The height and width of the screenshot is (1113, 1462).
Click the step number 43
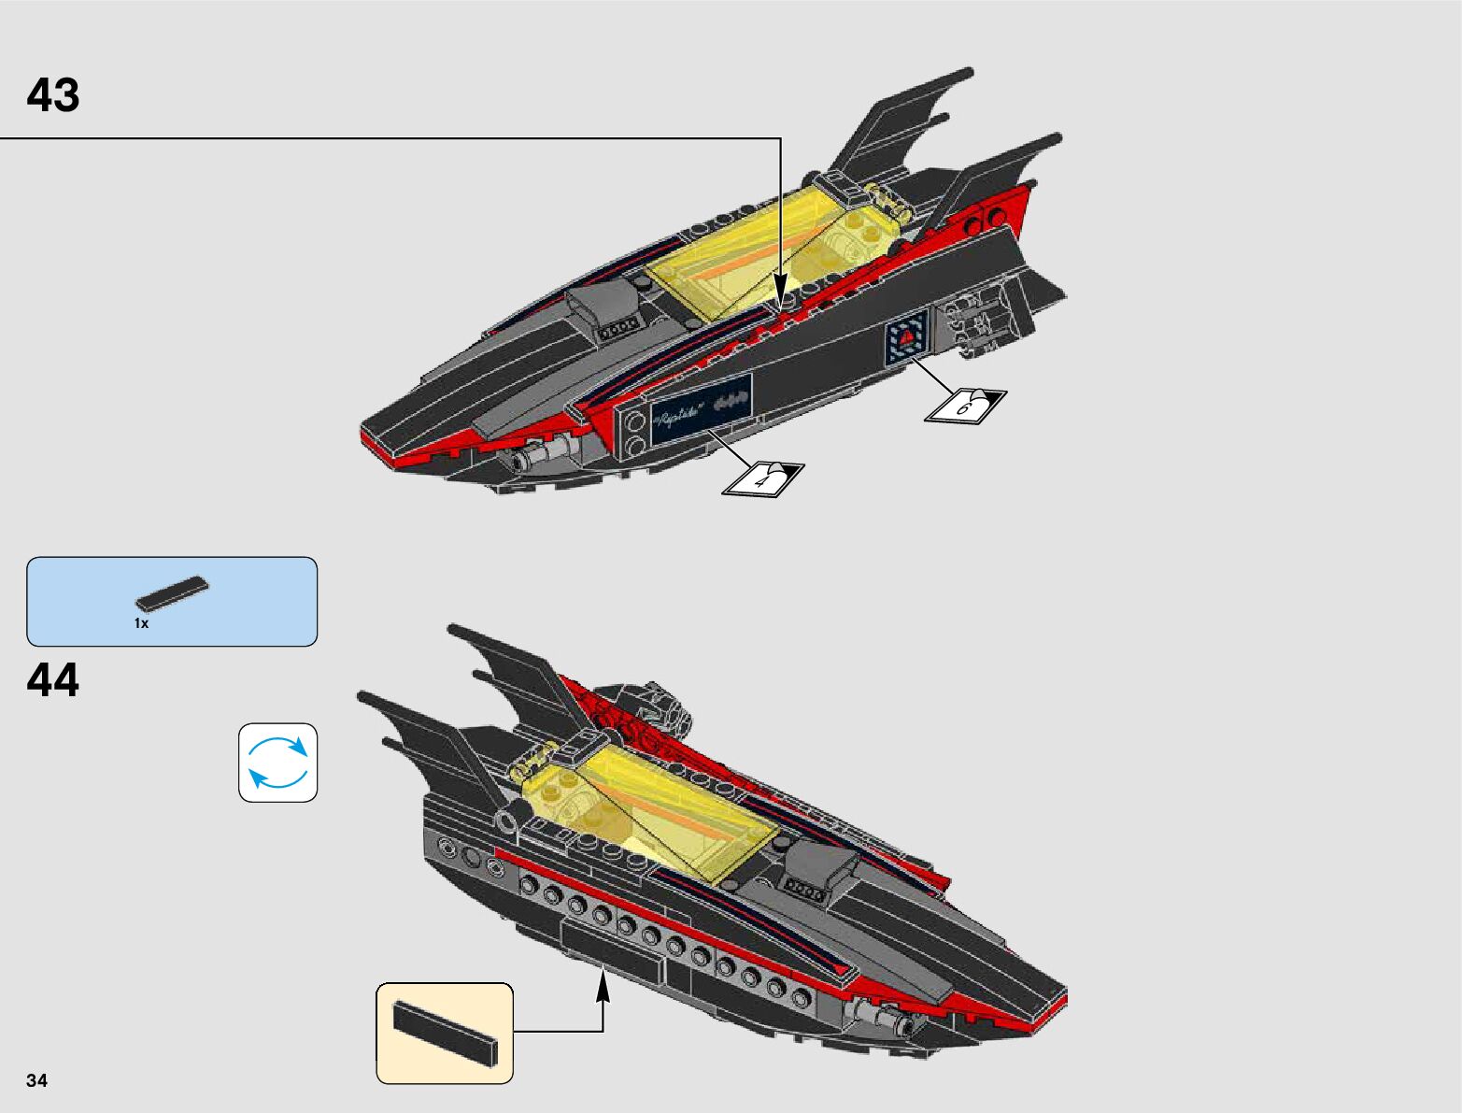click(53, 95)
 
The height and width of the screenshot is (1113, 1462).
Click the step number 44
click(53, 680)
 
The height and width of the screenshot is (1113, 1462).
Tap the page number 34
click(37, 1081)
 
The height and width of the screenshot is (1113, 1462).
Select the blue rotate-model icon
click(277, 763)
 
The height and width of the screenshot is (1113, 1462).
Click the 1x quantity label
click(141, 623)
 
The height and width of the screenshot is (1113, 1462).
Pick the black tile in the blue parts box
click(173, 593)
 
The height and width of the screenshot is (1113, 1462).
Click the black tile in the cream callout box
click(446, 1033)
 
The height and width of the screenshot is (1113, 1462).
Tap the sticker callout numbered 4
click(762, 478)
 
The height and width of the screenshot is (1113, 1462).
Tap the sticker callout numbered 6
click(966, 405)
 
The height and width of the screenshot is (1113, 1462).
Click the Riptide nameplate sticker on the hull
click(702, 405)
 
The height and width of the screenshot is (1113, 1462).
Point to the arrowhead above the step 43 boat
click(780, 283)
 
